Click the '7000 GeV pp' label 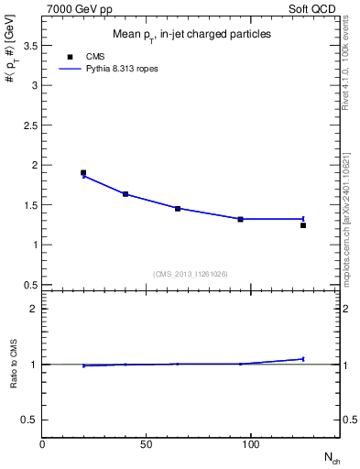click(76, 7)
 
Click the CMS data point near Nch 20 click(83, 172)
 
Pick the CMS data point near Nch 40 click(125, 194)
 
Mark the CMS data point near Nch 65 click(178, 209)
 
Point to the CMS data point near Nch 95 click(240, 219)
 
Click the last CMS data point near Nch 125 click(303, 225)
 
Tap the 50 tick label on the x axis click(147, 444)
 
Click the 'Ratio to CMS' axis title click(13, 365)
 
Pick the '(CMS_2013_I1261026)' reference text click(191, 274)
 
